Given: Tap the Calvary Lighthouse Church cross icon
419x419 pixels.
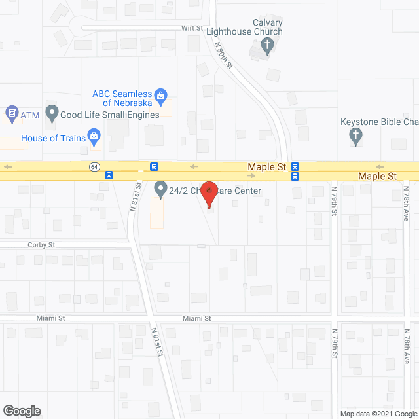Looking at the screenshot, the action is [x=267, y=45].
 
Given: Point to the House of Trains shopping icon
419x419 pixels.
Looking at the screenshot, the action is [x=94, y=138].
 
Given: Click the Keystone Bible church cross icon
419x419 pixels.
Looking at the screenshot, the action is [x=355, y=136].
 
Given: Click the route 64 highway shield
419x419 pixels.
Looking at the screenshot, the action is [x=94, y=167].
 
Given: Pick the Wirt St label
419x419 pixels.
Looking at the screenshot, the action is [x=192, y=28].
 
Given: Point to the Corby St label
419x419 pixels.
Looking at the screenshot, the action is [x=42, y=245].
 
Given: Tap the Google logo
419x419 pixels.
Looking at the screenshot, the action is [x=21, y=411].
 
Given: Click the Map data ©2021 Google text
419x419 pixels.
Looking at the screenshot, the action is [x=378, y=413].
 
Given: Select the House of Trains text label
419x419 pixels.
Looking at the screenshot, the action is [x=54, y=138].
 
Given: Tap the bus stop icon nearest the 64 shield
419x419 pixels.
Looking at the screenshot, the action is [x=108, y=175].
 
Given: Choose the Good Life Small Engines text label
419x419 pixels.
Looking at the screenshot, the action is [x=110, y=115].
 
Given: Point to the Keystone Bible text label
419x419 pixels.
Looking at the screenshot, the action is [x=380, y=122].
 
